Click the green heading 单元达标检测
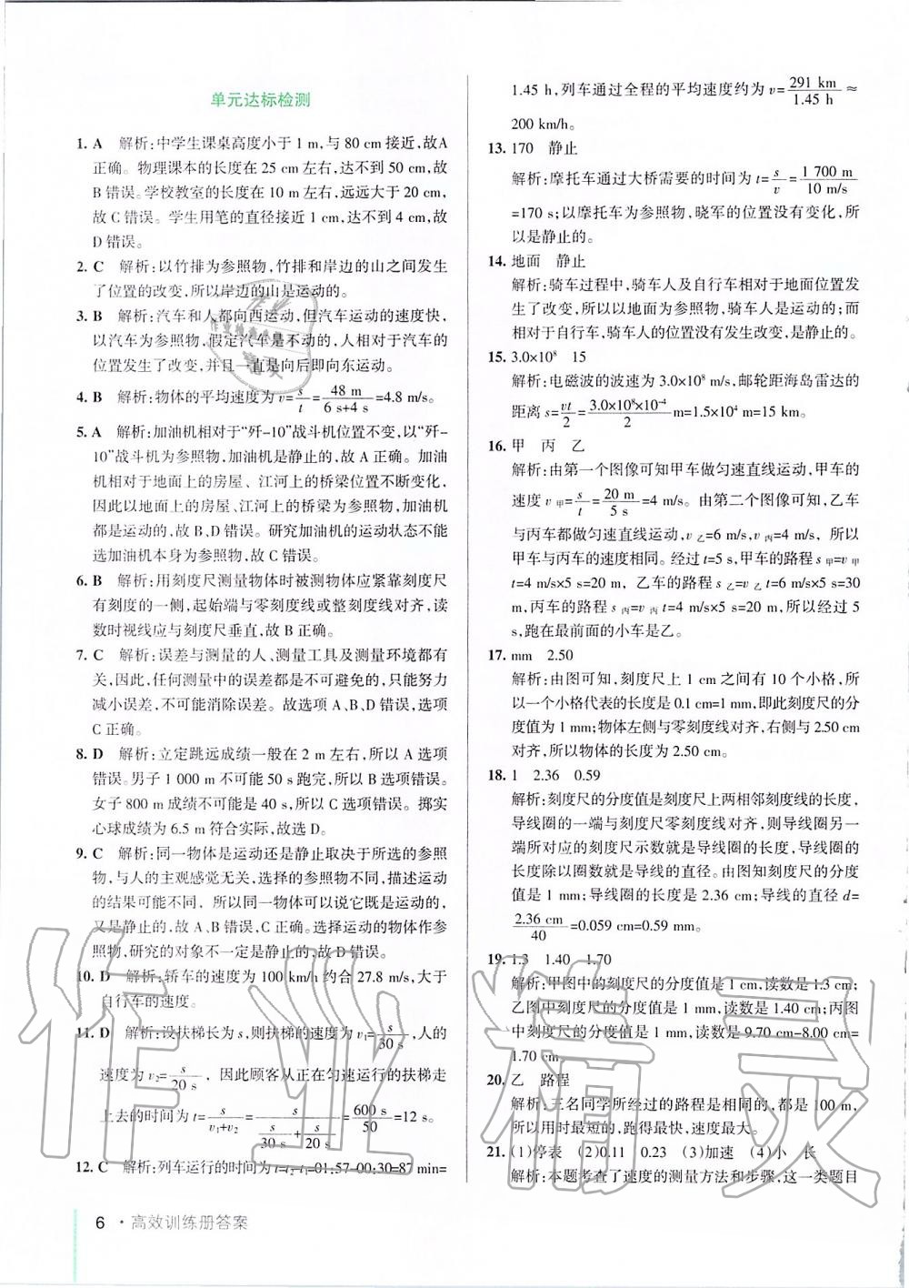tap(259, 101)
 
